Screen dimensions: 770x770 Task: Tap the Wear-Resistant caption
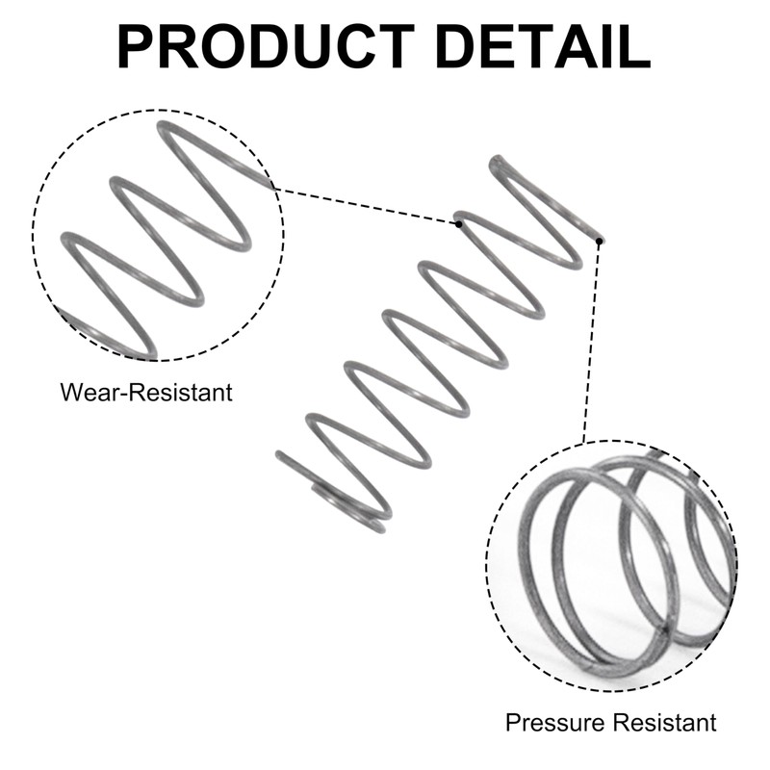(145, 393)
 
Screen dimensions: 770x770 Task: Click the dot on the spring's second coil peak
(460, 223)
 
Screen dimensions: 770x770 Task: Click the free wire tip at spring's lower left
(279, 454)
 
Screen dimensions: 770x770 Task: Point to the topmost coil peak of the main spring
(497, 162)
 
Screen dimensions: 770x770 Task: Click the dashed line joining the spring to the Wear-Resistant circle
(366, 204)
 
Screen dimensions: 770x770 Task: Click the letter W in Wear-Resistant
(69, 393)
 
